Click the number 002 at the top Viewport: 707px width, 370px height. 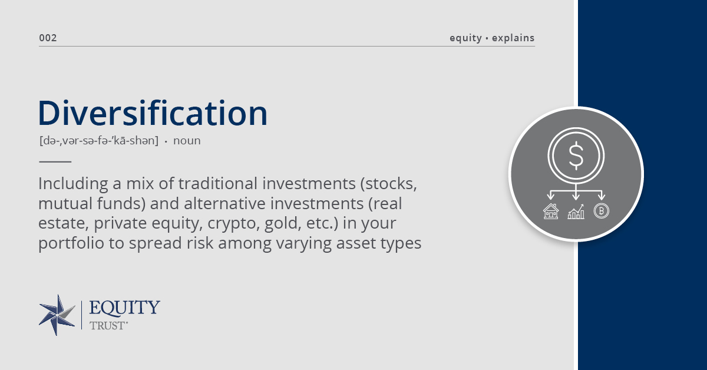click(48, 38)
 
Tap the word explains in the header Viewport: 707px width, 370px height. click(513, 38)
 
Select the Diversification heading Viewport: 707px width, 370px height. click(153, 113)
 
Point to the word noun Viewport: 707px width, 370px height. click(187, 141)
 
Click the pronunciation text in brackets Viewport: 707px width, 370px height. click(99, 140)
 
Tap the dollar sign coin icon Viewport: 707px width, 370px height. click(576, 156)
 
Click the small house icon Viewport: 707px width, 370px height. click(551, 211)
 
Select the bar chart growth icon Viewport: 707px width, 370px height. click(576, 212)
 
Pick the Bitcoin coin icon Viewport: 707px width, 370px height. click(602, 211)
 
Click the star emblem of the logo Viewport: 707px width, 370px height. click(57, 315)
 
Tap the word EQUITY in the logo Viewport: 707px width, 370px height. click(124, 308)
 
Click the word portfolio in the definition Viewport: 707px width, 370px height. click(71, 243)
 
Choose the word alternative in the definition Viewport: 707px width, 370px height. click(224, 203)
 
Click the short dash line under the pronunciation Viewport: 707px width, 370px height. click(55, 161)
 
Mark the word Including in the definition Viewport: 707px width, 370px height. click(73, 184)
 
